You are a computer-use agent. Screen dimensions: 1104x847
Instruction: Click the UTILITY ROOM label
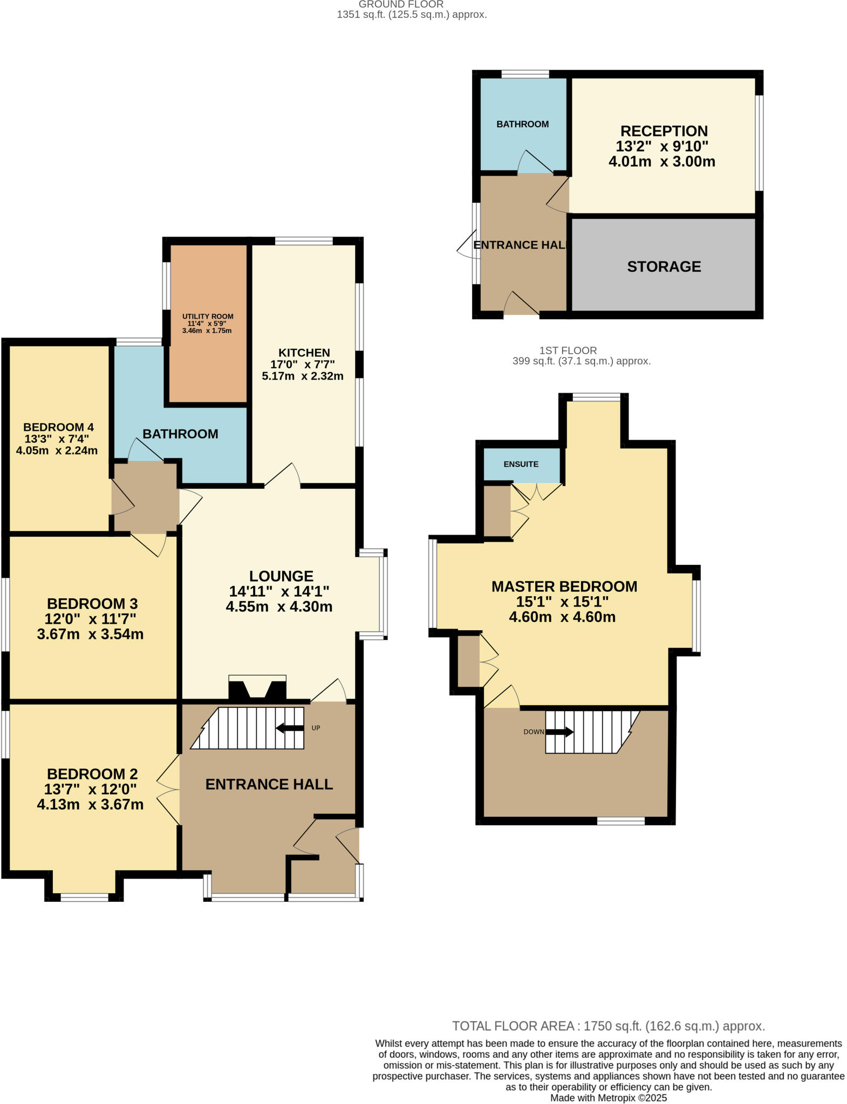click(x=208, y=316)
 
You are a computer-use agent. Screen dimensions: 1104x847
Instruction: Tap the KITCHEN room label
click(x=304, y=353)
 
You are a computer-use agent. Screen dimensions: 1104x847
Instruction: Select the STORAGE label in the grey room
click(x=664, y=266)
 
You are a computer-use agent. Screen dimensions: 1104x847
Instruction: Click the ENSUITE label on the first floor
click(x=521, y=464)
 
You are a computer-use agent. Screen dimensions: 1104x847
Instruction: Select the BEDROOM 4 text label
click(x=58, y=427)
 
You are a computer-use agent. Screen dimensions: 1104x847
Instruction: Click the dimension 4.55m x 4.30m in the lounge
click(x=279, y=606)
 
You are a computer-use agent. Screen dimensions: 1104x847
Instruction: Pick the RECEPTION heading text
click(x=664, y=131)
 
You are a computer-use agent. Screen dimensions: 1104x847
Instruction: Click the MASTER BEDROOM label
click(x=564, y=586)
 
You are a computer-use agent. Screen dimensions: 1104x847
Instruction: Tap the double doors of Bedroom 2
click(x=169, y=790)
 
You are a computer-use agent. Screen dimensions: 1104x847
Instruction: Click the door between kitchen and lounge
click(x=282, y=475)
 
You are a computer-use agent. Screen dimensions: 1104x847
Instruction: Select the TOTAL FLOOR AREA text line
click(x=608, y=1026)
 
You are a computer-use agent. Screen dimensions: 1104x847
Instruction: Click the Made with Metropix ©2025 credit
click(x=608, y=1098)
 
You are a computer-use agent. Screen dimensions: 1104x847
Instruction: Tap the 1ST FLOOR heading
click(x=568, y=350)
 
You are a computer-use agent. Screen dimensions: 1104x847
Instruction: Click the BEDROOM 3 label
click(x=92, y=604)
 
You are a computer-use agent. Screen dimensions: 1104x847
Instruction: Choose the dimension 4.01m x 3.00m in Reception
click(x=661, y=161)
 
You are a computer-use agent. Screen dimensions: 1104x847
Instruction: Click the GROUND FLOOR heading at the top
click(x=401, y=4)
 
